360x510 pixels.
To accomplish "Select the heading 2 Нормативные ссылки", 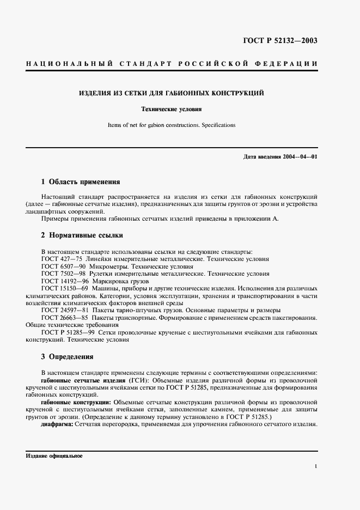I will (82, 235).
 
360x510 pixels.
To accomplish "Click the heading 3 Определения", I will (67, 357).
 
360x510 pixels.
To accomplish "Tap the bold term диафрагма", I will (57, 423).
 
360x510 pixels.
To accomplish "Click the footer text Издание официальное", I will (54, 456).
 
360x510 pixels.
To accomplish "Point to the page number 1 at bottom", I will (316, 466).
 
